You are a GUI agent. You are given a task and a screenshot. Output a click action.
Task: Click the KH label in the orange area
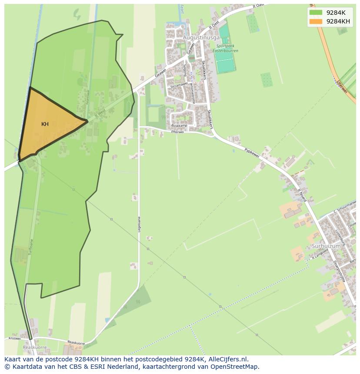pyautogui.click(x=45, y=124)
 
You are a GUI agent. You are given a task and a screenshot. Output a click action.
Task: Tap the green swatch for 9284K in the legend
pyautogui.click(x=316, y=13)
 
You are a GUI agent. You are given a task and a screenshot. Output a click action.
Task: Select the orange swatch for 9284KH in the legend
pyautogui.click(x=316, y=21)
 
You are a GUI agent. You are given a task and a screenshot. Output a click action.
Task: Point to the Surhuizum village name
pyautogui.click(x=325, y=246)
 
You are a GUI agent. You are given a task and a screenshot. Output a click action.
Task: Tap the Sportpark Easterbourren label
pyautogui.click(x=226, y=48)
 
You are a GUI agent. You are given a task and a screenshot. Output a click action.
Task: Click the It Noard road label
pyautogui.click(x=302, y=194)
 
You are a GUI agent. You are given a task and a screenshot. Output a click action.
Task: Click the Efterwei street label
pyautogui.click(x=177, y=132)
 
